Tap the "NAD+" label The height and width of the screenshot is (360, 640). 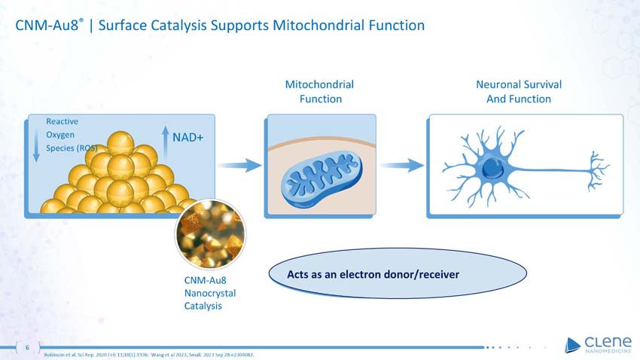pos(188,138)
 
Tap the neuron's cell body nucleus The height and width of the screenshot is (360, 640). pos(493,167)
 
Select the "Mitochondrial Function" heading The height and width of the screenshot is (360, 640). pos(320,91)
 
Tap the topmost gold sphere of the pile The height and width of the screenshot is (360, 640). pos(120,144)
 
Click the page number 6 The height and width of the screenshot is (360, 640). pos(28,348)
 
